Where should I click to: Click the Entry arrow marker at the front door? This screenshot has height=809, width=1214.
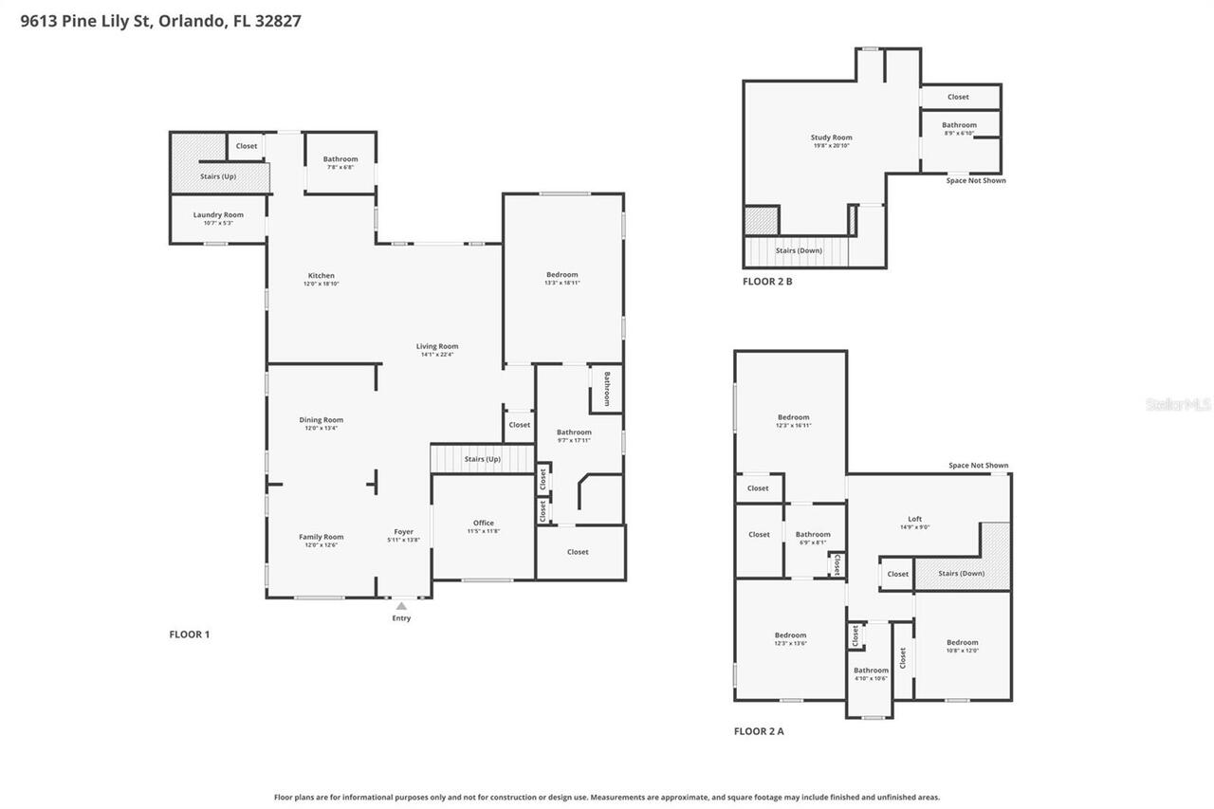point(401,606)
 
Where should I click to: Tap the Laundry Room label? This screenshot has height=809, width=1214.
point(218,215)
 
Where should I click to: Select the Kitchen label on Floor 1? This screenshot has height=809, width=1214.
point(321,276)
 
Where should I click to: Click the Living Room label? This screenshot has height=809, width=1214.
point(437,346)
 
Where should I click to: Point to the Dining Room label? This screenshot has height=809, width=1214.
point(321,420)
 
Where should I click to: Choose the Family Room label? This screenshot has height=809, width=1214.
point(321,537)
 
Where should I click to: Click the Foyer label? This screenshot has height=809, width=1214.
point(404,532)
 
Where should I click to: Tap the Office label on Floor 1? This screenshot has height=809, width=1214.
point(484,524)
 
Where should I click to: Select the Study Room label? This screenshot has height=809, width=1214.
point(831,138)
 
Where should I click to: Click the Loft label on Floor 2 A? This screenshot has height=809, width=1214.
point(914,519)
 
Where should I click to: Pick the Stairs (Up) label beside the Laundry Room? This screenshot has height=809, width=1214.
point(218,176)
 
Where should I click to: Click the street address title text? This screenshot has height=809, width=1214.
point(160,20)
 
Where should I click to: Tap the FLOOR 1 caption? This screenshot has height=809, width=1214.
point(189,634)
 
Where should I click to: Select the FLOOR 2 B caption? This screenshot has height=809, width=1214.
point(766,282)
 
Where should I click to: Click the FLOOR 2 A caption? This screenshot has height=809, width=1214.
point(759,731)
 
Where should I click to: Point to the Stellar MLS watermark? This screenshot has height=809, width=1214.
point(1178,405)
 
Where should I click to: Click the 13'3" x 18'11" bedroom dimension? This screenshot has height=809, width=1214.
point(561,283)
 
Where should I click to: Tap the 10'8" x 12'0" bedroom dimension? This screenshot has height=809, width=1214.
point(962,651)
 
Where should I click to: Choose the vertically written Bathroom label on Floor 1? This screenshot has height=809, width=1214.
point(607,388)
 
